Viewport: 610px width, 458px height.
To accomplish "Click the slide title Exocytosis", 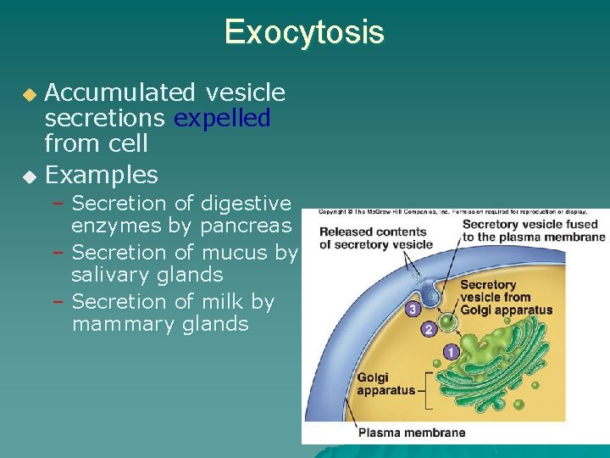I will tap(304, 32).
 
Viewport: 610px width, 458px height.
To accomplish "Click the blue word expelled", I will tap(222, 117).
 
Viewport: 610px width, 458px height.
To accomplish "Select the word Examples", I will tap(102, 175).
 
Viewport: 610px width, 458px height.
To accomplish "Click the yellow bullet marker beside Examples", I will tap(30, 176).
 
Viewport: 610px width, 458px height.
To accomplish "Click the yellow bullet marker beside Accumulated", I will tap(30, 93).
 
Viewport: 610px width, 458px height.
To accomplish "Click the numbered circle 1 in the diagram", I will tap(450, 351).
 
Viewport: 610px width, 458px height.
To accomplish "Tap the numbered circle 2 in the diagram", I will tap(430, 329).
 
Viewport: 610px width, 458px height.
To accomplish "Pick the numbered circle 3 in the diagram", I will tap(412, 310).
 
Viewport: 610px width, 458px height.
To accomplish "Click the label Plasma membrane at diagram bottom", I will tap(412, 433).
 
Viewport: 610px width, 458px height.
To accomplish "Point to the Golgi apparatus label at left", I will tap(386, 384).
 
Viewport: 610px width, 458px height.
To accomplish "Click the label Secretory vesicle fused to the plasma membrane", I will tap(530, 231).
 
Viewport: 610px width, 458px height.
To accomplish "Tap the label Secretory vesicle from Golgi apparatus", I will tap(506, 298).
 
